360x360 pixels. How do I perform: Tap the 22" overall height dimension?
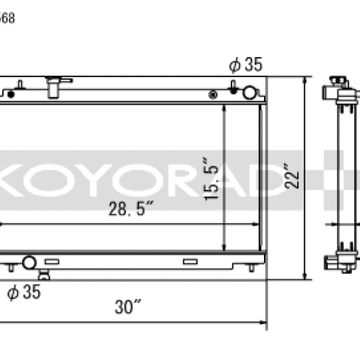point(292,178)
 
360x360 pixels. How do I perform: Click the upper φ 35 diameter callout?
point(246,65)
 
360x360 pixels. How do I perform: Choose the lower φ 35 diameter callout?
point(24,292)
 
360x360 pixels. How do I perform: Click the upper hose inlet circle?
point(249,93)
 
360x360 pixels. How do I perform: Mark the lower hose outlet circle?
point(28,262)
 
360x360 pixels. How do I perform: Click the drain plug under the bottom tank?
point(44,275)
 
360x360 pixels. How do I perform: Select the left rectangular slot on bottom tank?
point(52,262)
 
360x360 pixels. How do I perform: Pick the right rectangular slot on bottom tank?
point(190,261)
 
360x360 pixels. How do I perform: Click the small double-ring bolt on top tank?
point(212,94)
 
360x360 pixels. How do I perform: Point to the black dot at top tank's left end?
point(11,94)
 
